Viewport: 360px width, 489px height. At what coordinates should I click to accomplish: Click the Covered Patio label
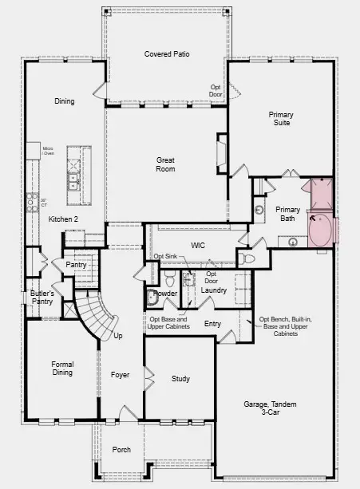(166, 53)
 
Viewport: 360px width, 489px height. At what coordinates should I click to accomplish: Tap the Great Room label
(165, 164)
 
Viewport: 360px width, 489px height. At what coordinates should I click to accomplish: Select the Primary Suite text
(281, 119)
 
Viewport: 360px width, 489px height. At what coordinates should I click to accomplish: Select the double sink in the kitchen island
(73, 183)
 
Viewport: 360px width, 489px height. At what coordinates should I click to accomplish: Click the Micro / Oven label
(48, 152)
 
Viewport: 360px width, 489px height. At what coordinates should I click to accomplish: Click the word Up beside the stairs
(118, 336)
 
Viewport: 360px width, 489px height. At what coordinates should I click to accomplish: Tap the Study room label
(180, 379)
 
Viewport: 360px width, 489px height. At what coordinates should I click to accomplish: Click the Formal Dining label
(62, 369)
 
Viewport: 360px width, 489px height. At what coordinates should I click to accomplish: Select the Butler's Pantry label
(42, 298)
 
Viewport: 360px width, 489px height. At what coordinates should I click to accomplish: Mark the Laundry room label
(213, 290)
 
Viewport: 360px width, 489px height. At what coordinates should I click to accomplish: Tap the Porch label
(121, 450)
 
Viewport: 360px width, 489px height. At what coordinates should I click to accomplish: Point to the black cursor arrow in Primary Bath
(312, 215)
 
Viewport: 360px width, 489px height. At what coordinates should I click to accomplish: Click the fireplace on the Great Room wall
(221, 152)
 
